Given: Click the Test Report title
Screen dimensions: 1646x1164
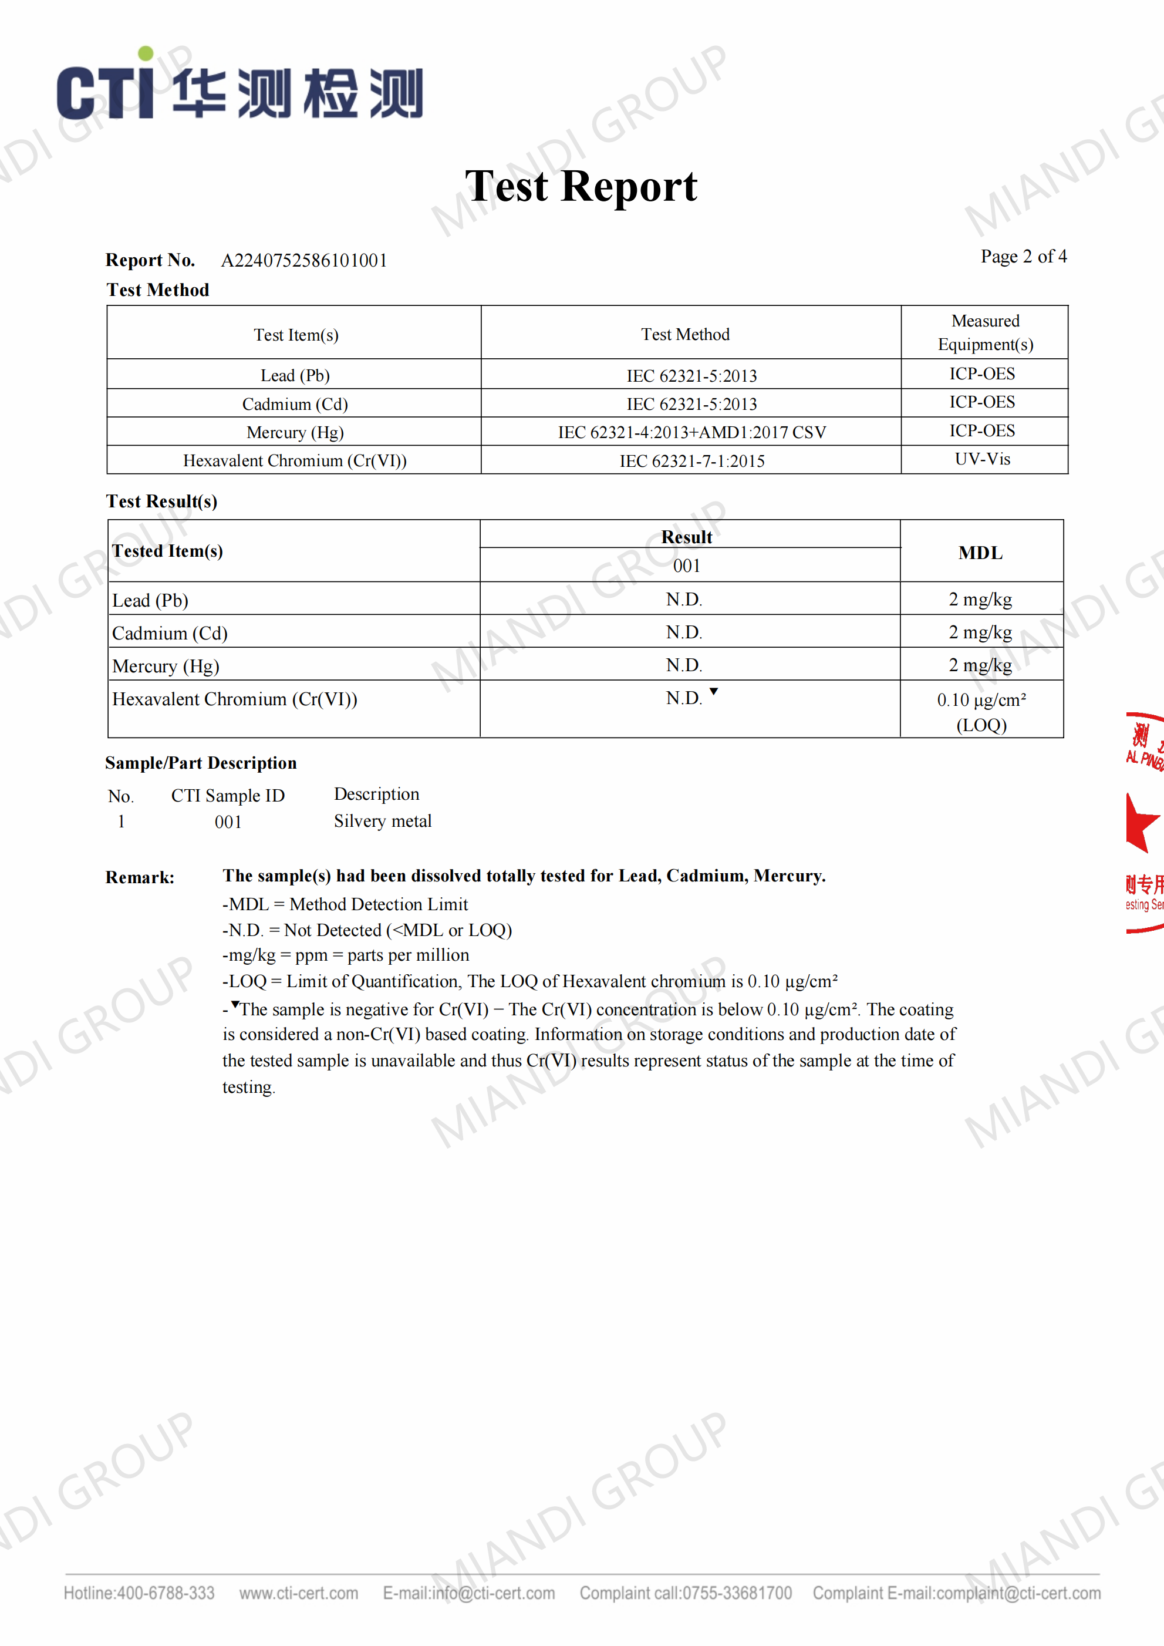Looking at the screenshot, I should (x=581, y=186).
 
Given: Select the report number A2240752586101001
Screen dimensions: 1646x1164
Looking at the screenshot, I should (x=304, y=260).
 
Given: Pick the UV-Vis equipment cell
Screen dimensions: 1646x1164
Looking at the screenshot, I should (x=982, y=460).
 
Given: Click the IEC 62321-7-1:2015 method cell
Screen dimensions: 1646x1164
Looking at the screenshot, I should (x=691, y=461).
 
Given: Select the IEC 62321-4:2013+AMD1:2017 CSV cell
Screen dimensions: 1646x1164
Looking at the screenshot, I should (x=691, y=432).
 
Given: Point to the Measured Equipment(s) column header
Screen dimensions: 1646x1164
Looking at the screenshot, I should (x=985, y=332).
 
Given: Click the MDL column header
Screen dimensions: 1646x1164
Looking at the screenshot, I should (x=980, y=553).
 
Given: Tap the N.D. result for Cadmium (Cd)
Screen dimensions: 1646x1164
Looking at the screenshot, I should (x=684, y=632).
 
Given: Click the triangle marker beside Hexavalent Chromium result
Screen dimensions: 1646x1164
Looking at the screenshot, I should (x=714, y=691).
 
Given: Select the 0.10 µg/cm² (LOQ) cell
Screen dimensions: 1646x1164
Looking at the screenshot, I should (x=981, y=711).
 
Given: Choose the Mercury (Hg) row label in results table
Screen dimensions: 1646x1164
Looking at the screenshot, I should (x=166, y=666).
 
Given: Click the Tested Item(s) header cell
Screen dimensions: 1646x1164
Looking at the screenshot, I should (x=168, y=551).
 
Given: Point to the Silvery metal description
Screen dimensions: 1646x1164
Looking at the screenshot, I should (x=383, y=821).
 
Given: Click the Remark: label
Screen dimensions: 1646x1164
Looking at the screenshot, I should (x=140, y=877).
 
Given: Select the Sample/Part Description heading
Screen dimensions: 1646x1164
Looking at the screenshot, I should (x=201, y=763).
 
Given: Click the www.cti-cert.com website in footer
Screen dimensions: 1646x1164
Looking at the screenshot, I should (x=298, y=1593).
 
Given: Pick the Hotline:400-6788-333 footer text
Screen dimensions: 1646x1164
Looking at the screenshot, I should (x=139, y=1593).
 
